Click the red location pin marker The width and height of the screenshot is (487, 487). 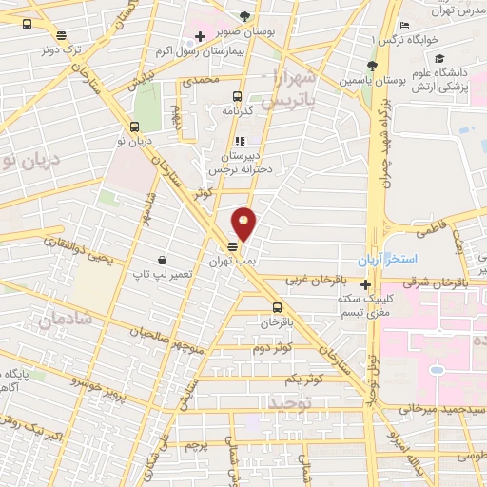point(244,224)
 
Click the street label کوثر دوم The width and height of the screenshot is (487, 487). point(272,348)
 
